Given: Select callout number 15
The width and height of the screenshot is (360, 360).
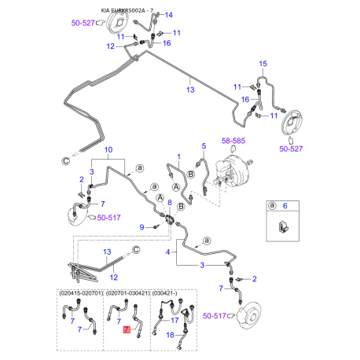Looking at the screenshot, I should pyautogui.click(x=263, y=63).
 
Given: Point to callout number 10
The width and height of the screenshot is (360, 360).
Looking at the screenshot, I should pyautogui.click(x=108, y=149).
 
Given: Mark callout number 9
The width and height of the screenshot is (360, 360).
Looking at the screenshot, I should pyautogui.click(x=142, y=227).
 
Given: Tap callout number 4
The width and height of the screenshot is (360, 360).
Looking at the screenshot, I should pyautogui.click(x=167, y=252).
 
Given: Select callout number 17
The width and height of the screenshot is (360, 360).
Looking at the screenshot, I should pyautogui.click(x=175, y=321).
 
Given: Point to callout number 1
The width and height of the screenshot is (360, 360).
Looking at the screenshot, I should pyautogui.click(x=178, y=157).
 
